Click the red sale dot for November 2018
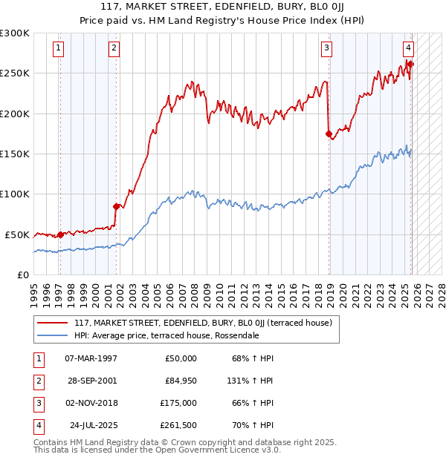[x=329, y=134]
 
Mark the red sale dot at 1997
[x=60, y=234]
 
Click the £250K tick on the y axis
[x=15, y=73]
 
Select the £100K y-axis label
[x=15, y=194]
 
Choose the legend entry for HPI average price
[x=166, y=335]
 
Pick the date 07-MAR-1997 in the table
[x=91, y=358]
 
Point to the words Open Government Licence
[x=214, y=450]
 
